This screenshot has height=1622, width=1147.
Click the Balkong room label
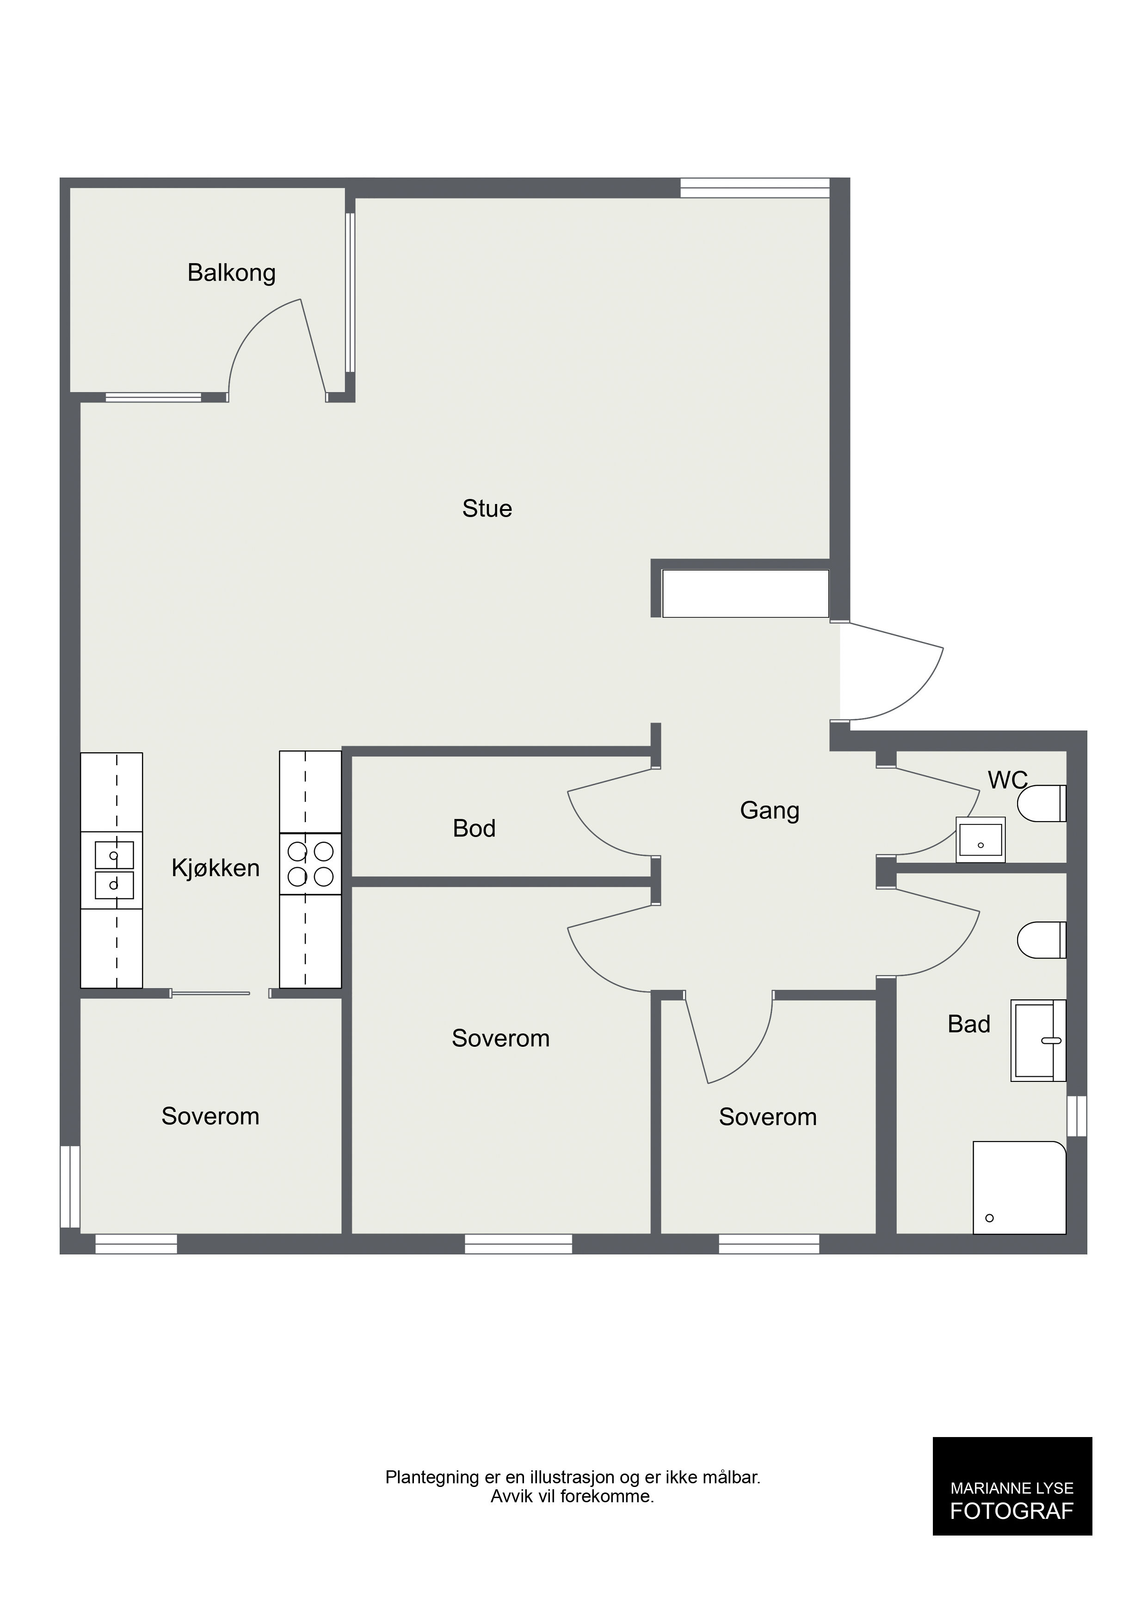coord(231,273)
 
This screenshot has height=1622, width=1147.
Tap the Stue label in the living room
coord(487,509)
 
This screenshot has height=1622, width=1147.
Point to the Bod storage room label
coord(474,828)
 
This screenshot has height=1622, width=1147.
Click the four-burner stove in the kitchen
coord(310,864)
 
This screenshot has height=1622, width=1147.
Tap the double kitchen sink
coord(114,870)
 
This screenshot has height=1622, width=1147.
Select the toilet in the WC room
coord(1041,803)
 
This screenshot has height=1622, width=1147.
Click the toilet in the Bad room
coord(1041,940)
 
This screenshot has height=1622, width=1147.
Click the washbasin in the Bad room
coord(1038,1041)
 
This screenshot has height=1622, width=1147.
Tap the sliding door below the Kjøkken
coord(210,993)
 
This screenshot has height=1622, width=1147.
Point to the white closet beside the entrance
coord(745,593)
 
